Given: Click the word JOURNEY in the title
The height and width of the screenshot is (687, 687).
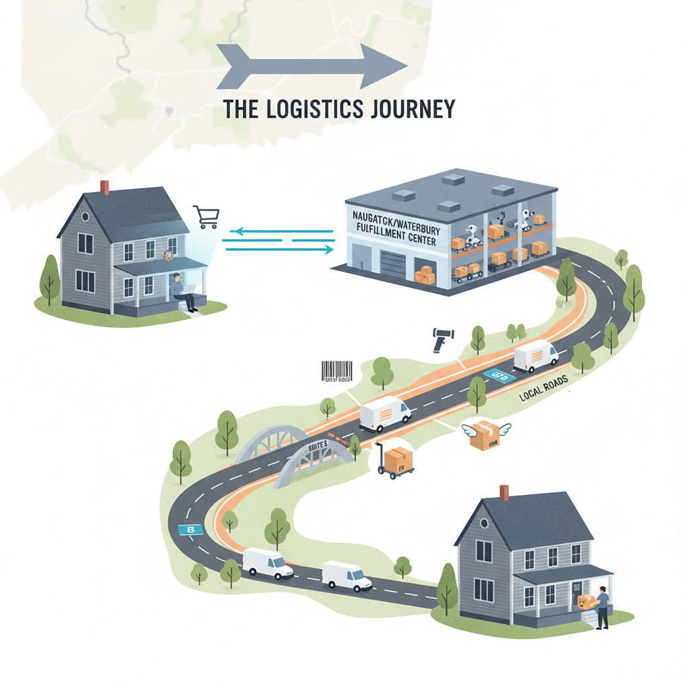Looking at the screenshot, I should click(412, 109).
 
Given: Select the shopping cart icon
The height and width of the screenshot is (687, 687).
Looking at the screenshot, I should click(206, 217).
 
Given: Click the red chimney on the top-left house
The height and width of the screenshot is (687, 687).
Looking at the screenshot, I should click(105, 187).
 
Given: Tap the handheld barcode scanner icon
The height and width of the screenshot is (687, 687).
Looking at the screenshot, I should click(441, 339).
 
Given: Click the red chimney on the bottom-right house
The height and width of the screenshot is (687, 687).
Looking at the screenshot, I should click(504, 492).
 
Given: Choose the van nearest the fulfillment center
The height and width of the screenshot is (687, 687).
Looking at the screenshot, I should click(536, 356).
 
